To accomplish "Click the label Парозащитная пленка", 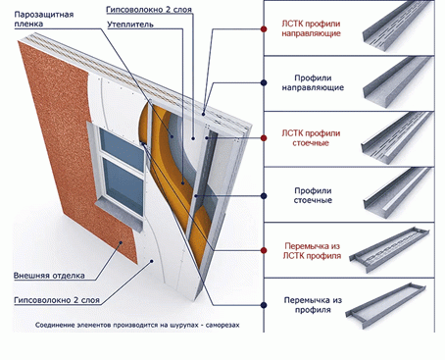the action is click(44, 20).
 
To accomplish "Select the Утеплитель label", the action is click(130, 25).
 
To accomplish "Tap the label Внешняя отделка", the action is click(49, 276).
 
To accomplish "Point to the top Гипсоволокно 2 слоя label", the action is click(149, 10).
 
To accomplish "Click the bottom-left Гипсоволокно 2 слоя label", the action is click(57, 300).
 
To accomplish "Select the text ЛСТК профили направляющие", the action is click(311, 28).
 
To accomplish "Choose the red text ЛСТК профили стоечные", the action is click(311, 138).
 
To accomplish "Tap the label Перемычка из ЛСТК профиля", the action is click(312, 251).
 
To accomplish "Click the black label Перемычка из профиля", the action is click(313, 305).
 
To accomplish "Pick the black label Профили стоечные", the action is click(313, 195).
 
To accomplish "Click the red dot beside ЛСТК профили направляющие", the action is click(264, 29).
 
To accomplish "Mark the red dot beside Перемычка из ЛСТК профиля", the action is click(264, 250).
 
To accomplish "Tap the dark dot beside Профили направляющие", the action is click(264, 82).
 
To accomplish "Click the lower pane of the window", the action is click(124, 186).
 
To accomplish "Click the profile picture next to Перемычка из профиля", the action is click(385, 305).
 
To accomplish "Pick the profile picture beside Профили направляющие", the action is click(397, 82).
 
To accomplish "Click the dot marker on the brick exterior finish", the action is click(121, 242).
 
